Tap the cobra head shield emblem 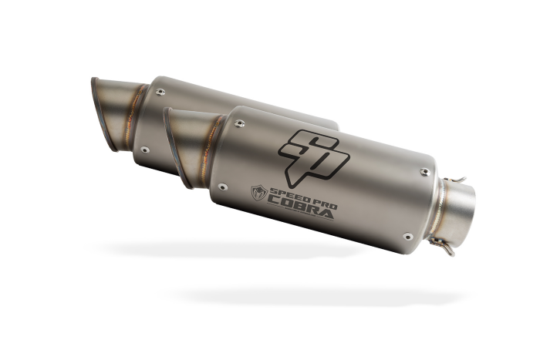tap(259, 193)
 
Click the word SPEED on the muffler tap(286, 196)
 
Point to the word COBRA tap(300, 208)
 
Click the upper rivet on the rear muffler tap(160, 92)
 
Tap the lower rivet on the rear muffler tap(145, 150)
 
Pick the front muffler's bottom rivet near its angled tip tap(223, 187)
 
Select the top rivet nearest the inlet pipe tap(425, 172)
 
